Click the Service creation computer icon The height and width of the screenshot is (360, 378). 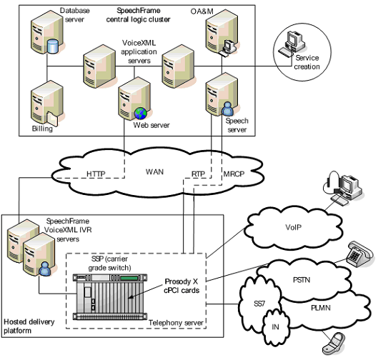[294, 45]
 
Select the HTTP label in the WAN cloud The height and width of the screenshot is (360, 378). [96, 174]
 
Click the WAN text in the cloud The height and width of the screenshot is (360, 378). [154, 171]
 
